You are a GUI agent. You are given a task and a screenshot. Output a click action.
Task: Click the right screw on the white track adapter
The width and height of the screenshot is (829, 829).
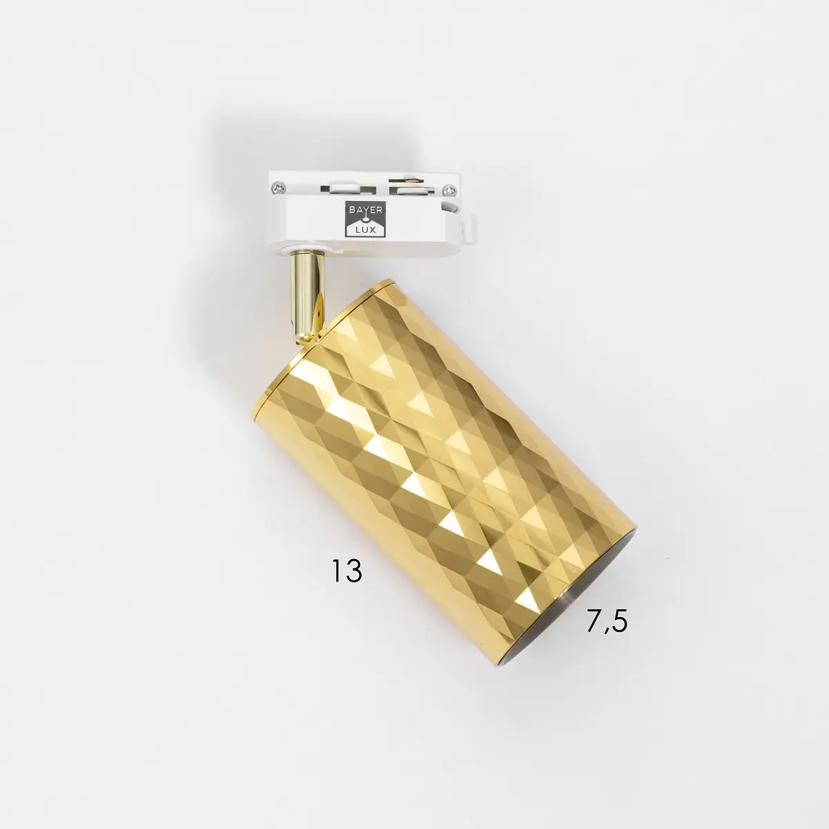450,189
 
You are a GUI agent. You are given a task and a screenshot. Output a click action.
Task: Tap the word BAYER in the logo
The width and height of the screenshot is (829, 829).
365,210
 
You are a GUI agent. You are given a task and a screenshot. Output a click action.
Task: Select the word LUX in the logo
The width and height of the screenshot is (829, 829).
365,230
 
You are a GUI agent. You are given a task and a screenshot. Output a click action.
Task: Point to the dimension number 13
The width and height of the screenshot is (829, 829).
347,571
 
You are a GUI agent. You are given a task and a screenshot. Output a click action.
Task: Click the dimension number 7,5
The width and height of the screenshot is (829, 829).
607,621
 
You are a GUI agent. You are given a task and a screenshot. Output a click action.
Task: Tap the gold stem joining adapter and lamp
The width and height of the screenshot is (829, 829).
307,297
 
